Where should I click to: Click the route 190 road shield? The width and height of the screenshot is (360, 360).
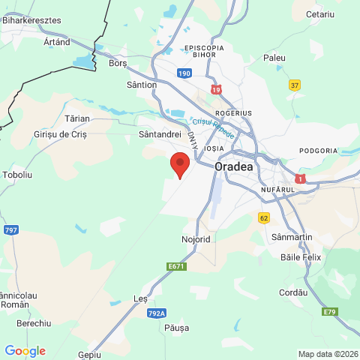click(x=185, y=73)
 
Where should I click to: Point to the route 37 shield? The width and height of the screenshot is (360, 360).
click(x=295, y=85)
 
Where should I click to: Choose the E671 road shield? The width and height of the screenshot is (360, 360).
click(x=176, y=266)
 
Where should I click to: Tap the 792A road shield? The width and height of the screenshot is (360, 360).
click(x=157, y=313)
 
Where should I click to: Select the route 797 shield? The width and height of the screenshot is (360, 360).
click(x=10, y=229)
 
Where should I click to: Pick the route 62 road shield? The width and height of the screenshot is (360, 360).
click(x=263, y=217)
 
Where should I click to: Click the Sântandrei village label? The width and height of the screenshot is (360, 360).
click(x=160, y=133)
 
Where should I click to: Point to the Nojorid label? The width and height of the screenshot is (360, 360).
click(x=196, y=239)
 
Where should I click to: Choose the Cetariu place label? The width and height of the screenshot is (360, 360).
click(x=320, y=14)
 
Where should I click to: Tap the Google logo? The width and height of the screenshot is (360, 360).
click(x=25, y=351)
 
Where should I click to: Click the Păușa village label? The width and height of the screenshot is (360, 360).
click(x=175, y=328)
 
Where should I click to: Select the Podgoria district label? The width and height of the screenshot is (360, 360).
click(x=318, y=151)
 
